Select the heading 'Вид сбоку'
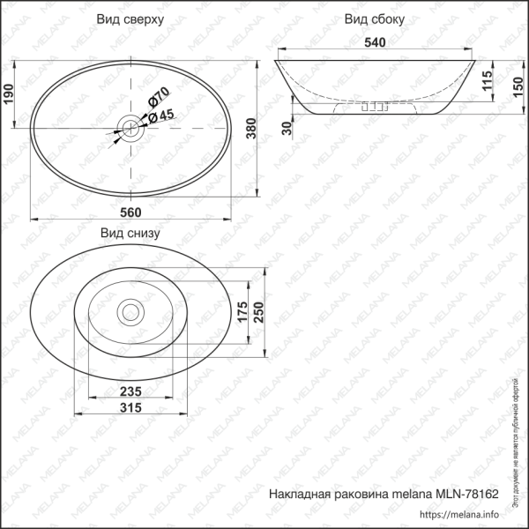click(375, 19)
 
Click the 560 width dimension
click(130, 212)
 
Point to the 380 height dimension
click(250, 130)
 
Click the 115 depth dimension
click(487, 80)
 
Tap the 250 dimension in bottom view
click(260, 311)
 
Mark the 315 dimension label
click(131, 407)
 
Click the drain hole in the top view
click(130, 130)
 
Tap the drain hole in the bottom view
click(130, 311)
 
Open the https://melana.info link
click(459, 515)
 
